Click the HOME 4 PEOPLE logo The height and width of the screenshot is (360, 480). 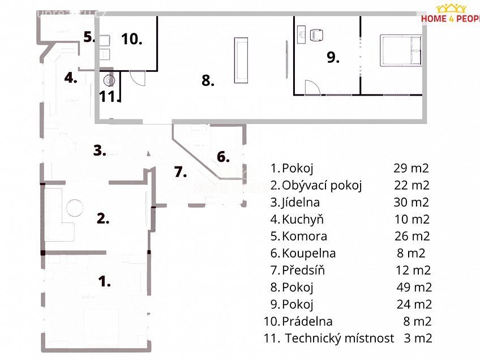click(x=451, y=14)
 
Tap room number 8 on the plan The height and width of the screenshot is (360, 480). click(x=208, y=81)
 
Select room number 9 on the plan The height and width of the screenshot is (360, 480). click(x=332, y=57)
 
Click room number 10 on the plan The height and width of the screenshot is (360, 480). click(x=131, y=39)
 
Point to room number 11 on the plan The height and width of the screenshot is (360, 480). click(x=107, y=96)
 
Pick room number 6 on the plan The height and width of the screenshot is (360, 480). click(x=224, y=157)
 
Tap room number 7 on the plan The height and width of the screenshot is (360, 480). click(x=181, y=172)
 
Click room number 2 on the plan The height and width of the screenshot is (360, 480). click(x=102, y=218)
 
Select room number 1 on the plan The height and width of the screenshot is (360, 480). click(x=105, y=281)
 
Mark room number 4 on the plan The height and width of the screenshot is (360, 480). click(x=70, y=78)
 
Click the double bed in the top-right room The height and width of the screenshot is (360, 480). click(x=401, y=50)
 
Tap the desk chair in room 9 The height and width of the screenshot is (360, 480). click(x=317, y=35)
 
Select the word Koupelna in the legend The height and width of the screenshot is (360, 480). click(x=308, y=253)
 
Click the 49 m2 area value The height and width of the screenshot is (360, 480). click(x=414, y=287)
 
